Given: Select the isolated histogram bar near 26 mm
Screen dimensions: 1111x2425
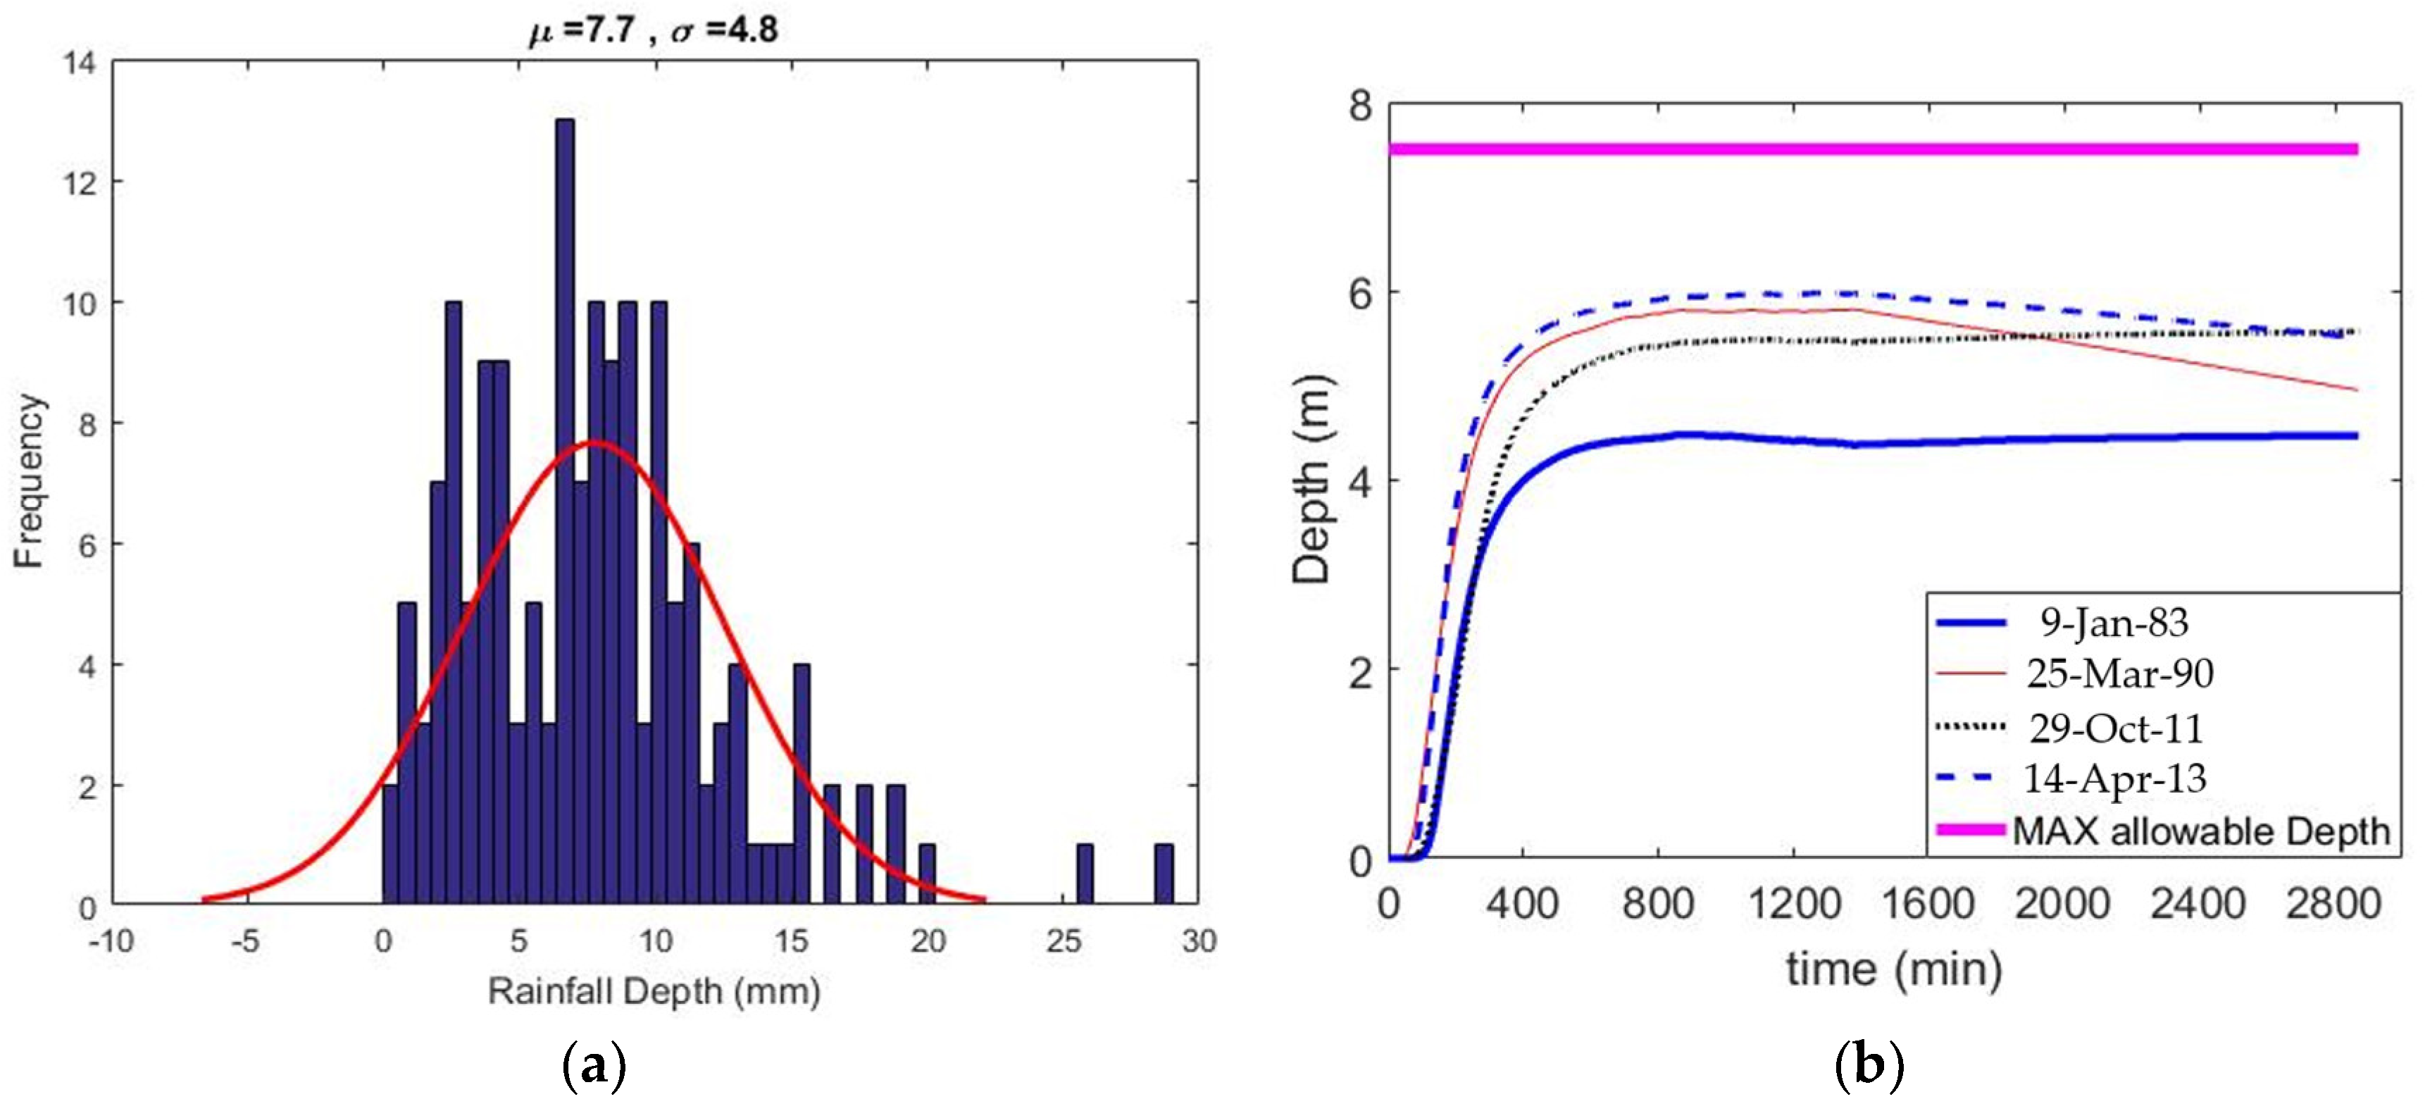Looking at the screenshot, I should coord(1085,874).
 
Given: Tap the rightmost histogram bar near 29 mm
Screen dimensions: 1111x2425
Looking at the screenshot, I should coord(1164,874).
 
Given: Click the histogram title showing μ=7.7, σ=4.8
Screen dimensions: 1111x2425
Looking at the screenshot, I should coord(654,30).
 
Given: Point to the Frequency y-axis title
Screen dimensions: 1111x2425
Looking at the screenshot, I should coord(29,481).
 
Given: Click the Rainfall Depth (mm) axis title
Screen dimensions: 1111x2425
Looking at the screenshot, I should coord(654,991).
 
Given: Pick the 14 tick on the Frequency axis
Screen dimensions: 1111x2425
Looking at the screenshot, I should coord(79,64).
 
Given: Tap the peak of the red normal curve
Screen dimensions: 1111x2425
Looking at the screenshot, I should coord(596,442).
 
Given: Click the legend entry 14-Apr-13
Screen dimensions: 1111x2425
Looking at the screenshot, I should coord(2114,778).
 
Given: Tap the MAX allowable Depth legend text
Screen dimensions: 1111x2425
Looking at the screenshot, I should coord(2201,831).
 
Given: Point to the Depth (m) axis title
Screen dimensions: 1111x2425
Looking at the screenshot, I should coord(1311,481).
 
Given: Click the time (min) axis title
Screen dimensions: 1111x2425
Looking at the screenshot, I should coord(1893,969).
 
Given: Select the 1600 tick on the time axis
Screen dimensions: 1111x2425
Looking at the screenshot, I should coord(1927,904).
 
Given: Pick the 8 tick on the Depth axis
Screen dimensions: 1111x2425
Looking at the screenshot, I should coord(1360,106).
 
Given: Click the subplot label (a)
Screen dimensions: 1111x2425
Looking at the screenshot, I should coord(593,1066).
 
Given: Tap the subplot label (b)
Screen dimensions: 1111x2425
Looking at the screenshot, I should coord(1869,1066).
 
